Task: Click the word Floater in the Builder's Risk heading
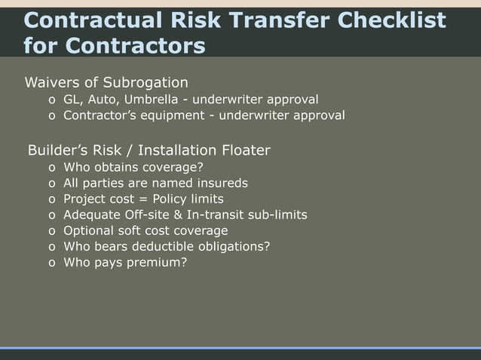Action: [x=244, y=150]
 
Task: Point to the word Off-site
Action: [x=148, y=215]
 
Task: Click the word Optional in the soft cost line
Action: [x=88, y=230]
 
